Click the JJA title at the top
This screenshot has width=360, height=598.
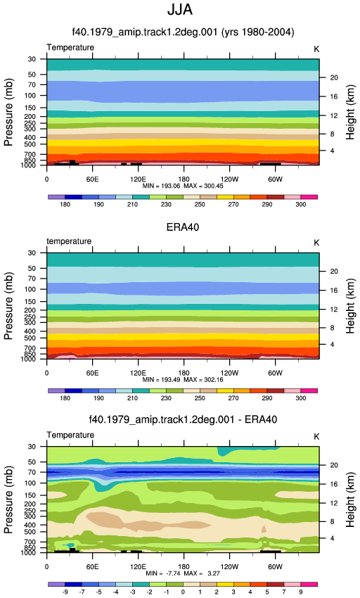(180, 10)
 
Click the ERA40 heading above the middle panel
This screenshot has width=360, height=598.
(183, 227)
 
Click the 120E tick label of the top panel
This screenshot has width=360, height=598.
(138, 179)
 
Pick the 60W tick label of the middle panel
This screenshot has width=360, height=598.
(275, 373)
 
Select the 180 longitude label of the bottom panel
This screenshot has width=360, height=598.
(184, 567)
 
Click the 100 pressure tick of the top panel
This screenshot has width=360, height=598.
(30, 96)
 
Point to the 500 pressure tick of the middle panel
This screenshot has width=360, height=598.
(30, 338)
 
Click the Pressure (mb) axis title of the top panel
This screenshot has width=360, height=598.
(8, 112)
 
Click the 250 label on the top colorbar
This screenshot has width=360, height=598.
(200, 205)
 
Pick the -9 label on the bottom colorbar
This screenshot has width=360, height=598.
(65, 592)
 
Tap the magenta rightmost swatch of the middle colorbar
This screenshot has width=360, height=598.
(309, 391)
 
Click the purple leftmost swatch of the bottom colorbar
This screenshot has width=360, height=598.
(56, 584)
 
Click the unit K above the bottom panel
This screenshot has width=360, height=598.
(316, 437)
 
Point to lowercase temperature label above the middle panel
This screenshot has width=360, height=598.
(69, 241)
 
